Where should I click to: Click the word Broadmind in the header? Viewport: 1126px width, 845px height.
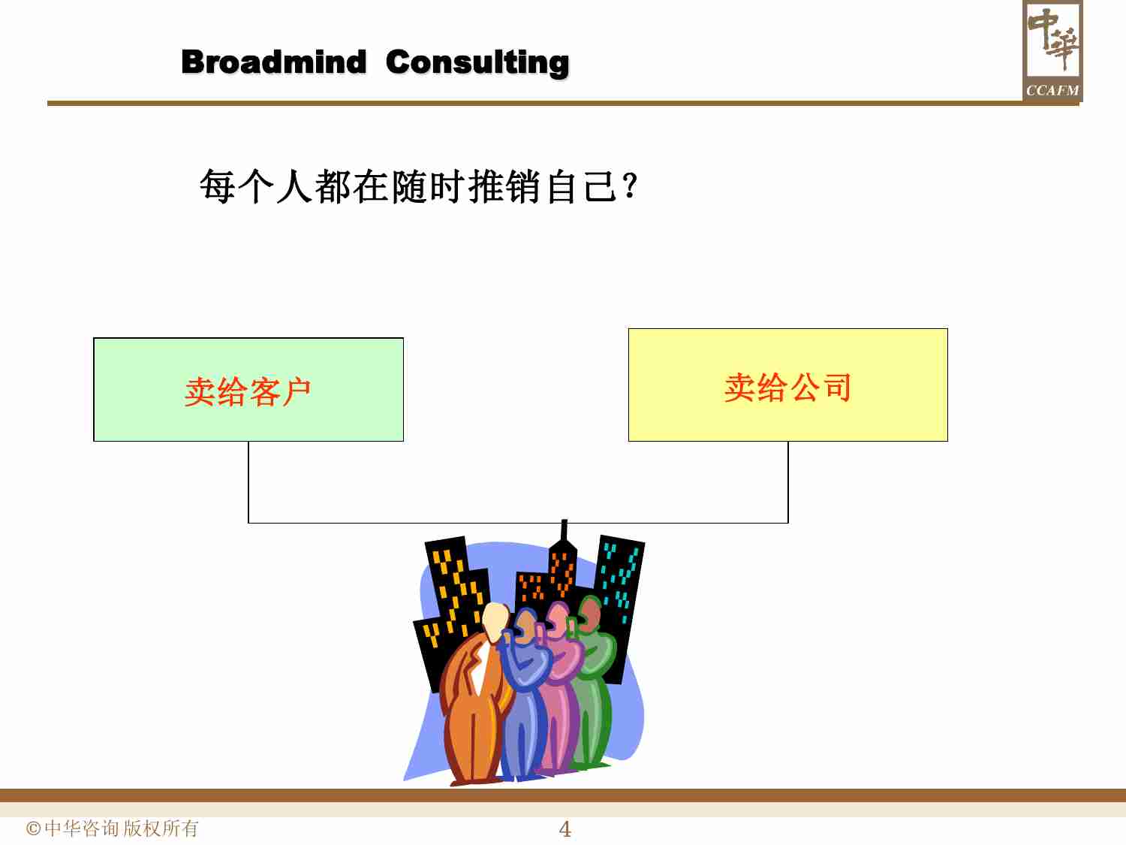[x=273, y=62]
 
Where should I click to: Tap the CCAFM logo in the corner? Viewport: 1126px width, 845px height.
[x=1052, y=50]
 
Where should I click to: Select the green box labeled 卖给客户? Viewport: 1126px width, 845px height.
[x=248, y=390]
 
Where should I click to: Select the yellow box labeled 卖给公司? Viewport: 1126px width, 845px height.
[x=787, y=385]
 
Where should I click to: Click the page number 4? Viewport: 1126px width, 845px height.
[x=565, y=829]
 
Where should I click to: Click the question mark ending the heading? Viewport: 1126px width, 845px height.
[x=630, y=186]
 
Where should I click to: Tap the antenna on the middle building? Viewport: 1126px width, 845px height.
[x=564, y=530]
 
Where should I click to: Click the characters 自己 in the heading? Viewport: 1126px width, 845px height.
[x=582, y=186]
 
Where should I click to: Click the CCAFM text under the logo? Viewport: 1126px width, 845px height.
[x=1052, y=90]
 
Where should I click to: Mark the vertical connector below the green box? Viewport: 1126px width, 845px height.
[x=248, y=481]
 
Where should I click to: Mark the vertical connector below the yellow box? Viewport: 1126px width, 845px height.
[x=788, y=481]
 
